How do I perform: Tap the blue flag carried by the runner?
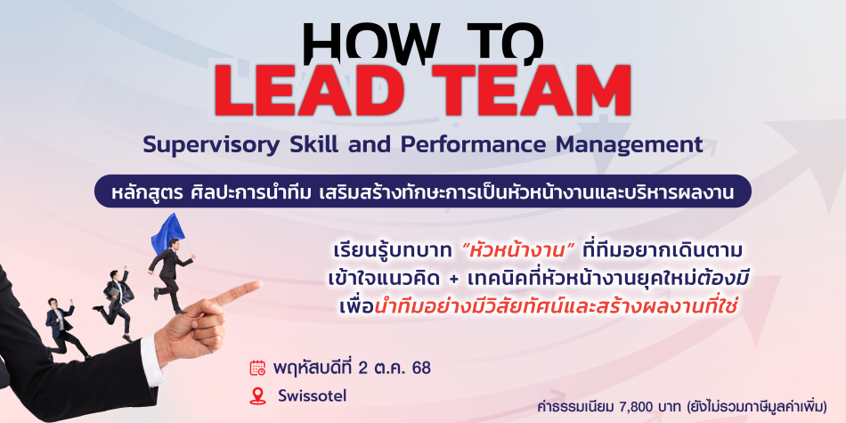pos(167,232)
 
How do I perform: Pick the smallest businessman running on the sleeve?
pos(63,328)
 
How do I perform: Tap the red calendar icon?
pos(258,368)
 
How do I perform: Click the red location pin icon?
pos(258,396)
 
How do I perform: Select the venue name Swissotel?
pos(313,396)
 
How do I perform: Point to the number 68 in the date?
pos(421,368)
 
